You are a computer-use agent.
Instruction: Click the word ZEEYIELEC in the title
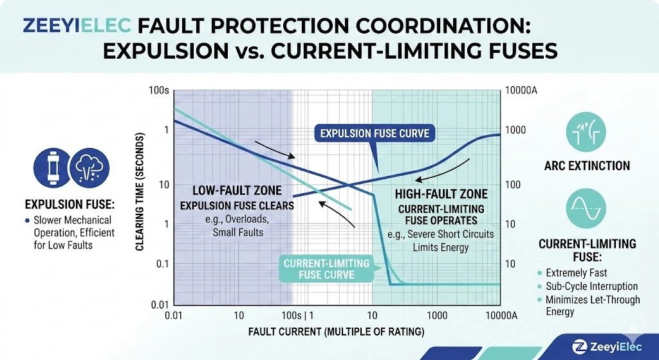pyautogui.click(x=77, y=26)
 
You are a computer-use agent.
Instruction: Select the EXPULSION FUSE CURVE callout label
pyautogui.click(x=375, y=134)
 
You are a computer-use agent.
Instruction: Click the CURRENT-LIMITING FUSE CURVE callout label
pyautogui.click(x=326, y=269)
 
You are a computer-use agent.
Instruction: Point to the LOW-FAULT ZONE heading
pyautogui.click(x=237, y=191)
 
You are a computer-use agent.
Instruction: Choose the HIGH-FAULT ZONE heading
pyautogui.click(x=441, y=194)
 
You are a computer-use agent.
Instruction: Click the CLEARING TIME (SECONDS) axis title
pyautogui.click(x=140, y=192)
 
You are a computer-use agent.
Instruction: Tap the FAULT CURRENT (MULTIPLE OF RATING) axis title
pyautogui.click(x=336, y=332)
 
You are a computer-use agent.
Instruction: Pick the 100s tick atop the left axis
pyautogui.click(x=158, y=90)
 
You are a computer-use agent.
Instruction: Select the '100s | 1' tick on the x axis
pyautogui.click(x=297, y=316)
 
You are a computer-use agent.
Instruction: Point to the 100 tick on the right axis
pyautogui.click(x=513, y=185)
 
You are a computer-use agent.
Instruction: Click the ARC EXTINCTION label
pyautogui.click(x=587, y=166)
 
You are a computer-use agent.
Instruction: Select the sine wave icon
pyautogui.click(x=586, y=209)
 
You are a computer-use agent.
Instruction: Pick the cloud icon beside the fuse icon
pyautogui.click(x=89, y=168)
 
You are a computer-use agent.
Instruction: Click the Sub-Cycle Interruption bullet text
pyautogui.click(x=592, y=287)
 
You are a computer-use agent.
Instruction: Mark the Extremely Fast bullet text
pyautogui.click(x=576, y=273)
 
